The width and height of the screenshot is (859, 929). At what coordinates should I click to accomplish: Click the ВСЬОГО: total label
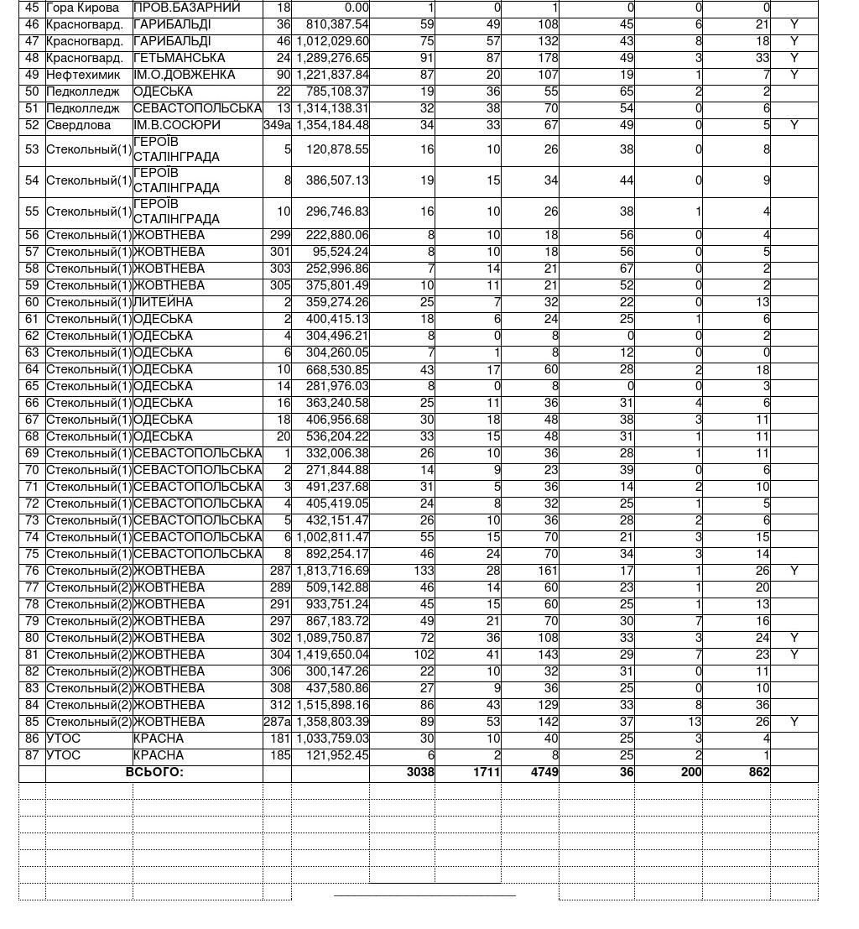pos(154,772)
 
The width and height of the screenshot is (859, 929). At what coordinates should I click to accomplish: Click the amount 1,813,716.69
pos(332,571)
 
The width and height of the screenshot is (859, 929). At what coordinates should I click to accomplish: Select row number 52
pos(32,125)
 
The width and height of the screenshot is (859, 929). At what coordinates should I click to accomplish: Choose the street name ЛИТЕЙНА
pos(163,302)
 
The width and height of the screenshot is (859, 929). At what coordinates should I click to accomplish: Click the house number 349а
pos(277,125)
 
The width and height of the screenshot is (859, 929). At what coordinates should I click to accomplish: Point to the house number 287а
pos(277,722)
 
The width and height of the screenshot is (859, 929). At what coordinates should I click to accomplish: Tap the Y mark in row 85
pos(794,722)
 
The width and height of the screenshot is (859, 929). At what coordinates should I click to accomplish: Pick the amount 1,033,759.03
pos(332,739)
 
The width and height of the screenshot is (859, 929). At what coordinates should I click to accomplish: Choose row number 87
pos(32,755)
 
